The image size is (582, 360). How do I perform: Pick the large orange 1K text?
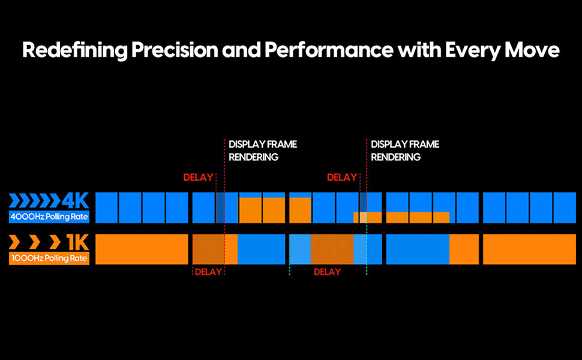click(77, 242)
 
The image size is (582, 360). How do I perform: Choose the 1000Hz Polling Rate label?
click(49, 259)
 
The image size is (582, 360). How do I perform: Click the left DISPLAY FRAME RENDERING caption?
click(262, 151)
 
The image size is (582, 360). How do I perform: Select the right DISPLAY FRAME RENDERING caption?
click(404, 151)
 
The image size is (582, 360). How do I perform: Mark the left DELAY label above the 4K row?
click(198, 178)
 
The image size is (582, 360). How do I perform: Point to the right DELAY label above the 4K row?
click(341, 178)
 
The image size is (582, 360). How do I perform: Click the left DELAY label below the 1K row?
click(208, 272)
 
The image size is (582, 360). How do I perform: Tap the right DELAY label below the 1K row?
click(327, 272)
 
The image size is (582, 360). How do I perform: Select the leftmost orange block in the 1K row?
click(142, 249)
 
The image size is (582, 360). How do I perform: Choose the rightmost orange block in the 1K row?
click(529, 249)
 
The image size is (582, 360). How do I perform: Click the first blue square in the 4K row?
click(106, 208)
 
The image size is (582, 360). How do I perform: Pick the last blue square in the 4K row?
click(564, 208)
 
